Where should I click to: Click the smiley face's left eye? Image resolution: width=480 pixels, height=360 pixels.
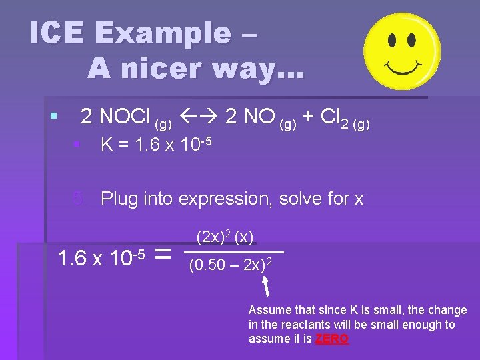[x=392, y=40]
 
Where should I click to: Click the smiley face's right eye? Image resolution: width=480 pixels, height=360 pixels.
[x=413, y=41]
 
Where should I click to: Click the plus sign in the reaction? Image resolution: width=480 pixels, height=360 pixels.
[x=309, y=117]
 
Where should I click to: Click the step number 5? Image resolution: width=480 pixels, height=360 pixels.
[x=79, y=199]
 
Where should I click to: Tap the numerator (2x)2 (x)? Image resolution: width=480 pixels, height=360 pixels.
[x=225, y=237]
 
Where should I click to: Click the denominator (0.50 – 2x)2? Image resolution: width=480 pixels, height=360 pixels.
[x=229, y=265]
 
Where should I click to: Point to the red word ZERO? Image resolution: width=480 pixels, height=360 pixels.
[x=331, y=339]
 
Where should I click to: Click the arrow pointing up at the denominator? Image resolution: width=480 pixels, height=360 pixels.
[x=265, y=286]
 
